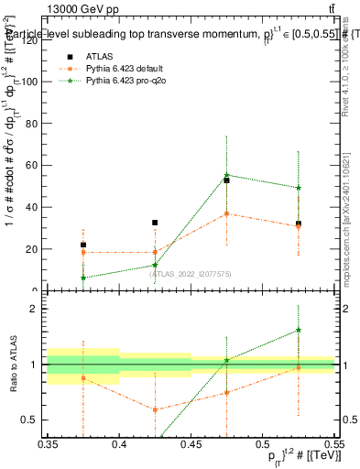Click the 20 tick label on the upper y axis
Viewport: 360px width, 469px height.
click(x=38, y=249)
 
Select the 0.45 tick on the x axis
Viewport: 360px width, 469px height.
click(x=191, y=443)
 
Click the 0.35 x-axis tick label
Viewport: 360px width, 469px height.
click(x=48, y=443)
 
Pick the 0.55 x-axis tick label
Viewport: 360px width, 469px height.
click(x=333, y=443)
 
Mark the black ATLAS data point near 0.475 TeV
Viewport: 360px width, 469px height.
click(x=226, y=180)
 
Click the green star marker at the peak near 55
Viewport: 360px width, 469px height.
click(x=226, y=175)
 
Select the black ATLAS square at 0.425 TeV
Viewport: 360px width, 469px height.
click(x=155, y=223)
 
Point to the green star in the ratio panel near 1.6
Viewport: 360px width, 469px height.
click(x=298, y=330)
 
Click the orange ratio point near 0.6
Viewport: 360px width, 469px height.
click(x=155, y=409)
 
